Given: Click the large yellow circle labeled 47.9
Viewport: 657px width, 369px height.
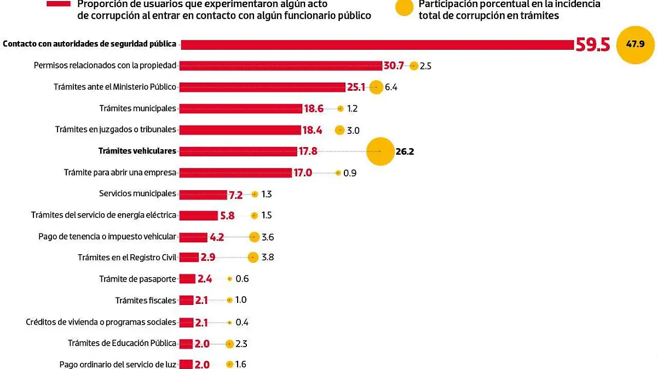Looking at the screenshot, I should tap(635, 44).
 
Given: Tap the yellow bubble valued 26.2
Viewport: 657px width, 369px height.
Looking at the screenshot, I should tap(380, 151).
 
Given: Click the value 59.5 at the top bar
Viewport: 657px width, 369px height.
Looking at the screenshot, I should tap(592, 45).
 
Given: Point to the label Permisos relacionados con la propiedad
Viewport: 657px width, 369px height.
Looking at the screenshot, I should tap(105, 66).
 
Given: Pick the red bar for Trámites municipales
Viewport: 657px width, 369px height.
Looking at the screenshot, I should tap(241, 109).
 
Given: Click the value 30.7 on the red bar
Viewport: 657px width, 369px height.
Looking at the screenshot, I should tap(393, 66).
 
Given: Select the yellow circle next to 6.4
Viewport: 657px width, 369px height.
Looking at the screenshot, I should tap(376, 87).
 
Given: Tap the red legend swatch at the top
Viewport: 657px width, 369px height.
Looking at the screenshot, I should tap(59, 3).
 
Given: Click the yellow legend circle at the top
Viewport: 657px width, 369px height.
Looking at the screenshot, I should tap(405, 7).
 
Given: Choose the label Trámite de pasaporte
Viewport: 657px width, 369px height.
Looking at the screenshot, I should tap(137, 279).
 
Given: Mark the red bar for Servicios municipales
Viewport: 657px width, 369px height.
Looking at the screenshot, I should tap(203, 195).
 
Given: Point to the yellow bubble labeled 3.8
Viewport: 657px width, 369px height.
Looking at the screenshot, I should tap(253, 257).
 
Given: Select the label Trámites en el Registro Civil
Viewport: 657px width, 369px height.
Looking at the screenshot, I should tap(127, 257).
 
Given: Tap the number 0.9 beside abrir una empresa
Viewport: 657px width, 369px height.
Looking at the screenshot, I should tap(350, 173).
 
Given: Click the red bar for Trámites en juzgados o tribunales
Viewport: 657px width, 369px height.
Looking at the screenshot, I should tap(241, 130).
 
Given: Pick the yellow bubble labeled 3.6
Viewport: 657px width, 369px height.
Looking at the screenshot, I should tap(254, 237).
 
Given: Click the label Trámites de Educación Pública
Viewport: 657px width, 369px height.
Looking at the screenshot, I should tap(122, 343).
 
